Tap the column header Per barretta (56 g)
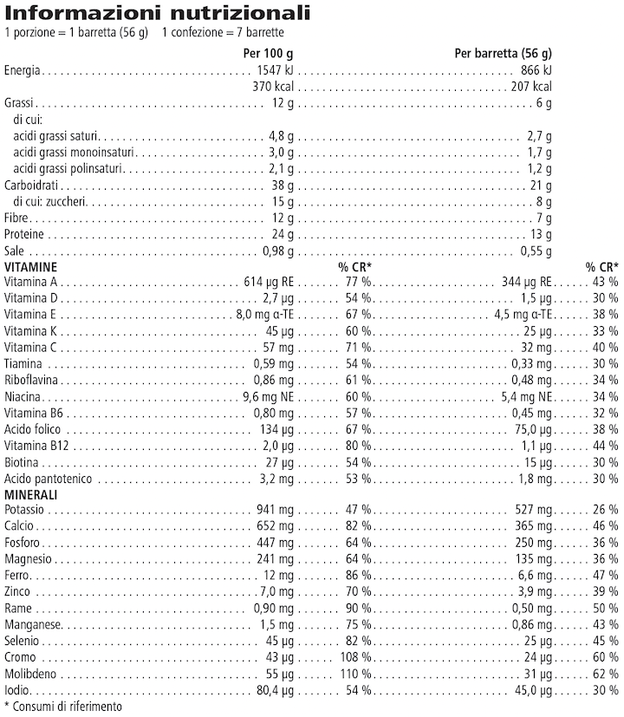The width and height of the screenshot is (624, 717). (x=503, y=53)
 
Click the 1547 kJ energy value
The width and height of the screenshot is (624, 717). (x=276, y=70)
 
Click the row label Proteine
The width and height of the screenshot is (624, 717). (x=24, y=235)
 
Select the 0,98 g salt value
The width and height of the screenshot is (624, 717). (x=278, y=251)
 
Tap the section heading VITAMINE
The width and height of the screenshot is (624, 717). (x=31, y=266)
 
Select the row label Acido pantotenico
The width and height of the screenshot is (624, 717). (x=49, y=479)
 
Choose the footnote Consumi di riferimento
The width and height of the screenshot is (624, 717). (x=68, y=707)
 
